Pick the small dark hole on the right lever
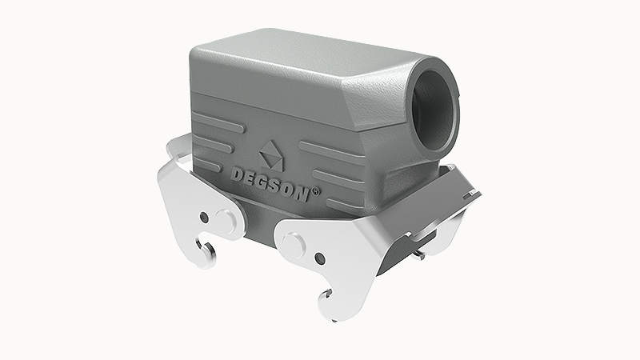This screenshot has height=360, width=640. point(320,258)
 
